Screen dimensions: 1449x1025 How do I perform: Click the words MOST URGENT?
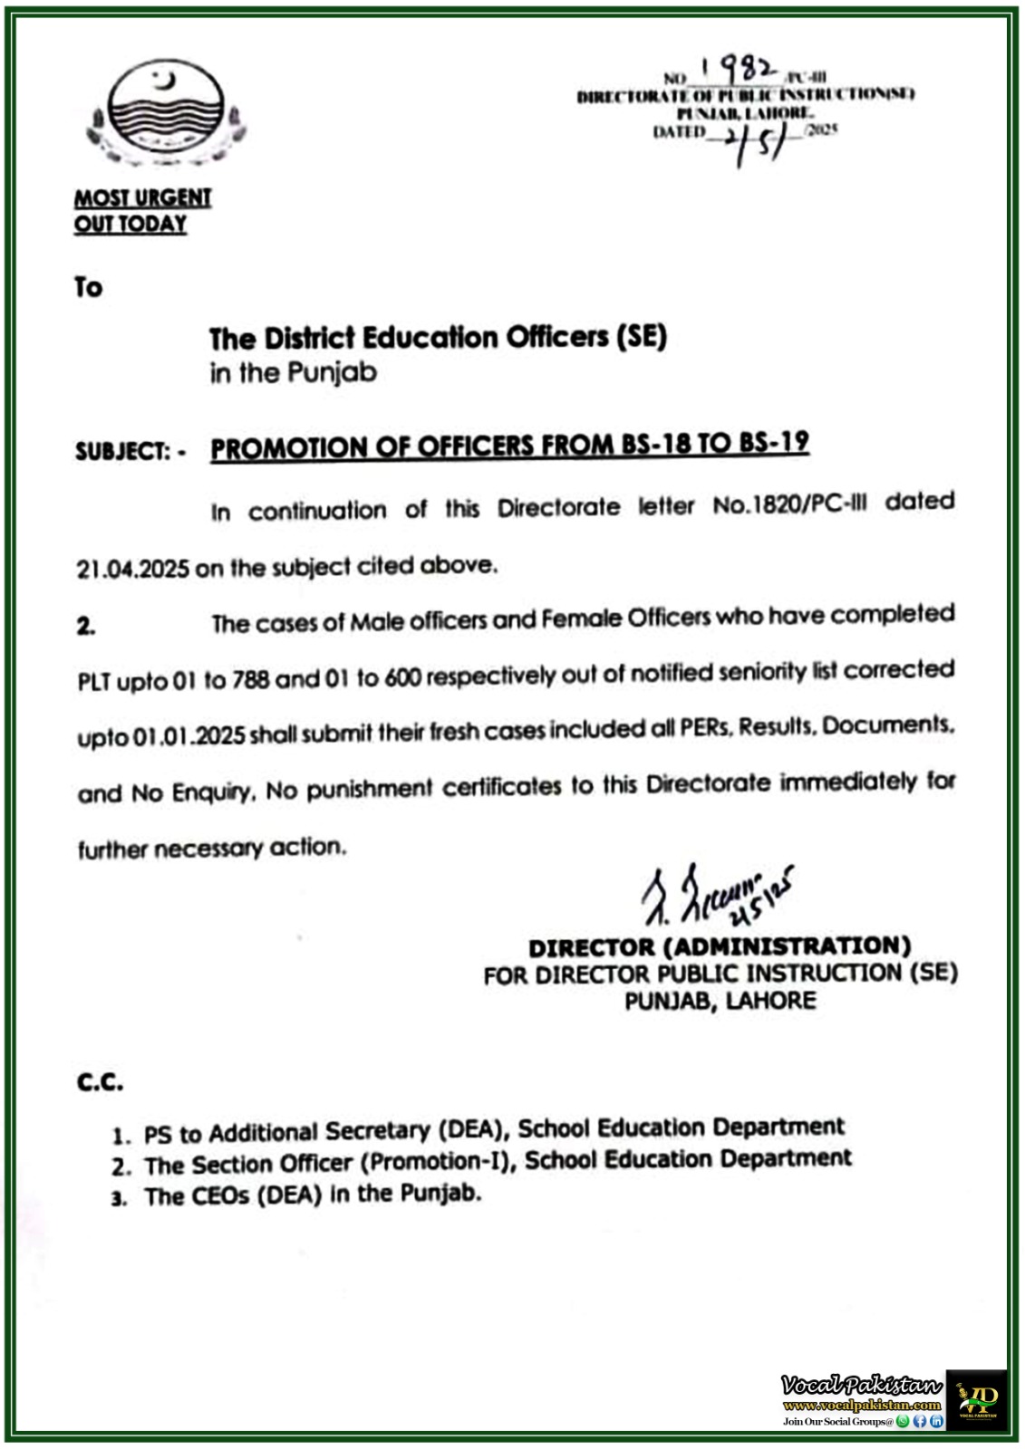coord(142,197)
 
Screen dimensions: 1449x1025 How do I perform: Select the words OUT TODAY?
coord(131,225)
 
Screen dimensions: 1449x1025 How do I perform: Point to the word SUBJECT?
coord(121,451)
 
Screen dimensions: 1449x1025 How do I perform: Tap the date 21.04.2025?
coord(133,569)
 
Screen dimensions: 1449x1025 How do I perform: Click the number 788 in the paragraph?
coord(250,679)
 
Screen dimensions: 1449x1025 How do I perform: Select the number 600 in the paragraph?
coord(402,677)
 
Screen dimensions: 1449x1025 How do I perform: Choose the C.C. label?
coord(100,1081)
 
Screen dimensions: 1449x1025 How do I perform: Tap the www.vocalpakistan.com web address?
coord(862,1406)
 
